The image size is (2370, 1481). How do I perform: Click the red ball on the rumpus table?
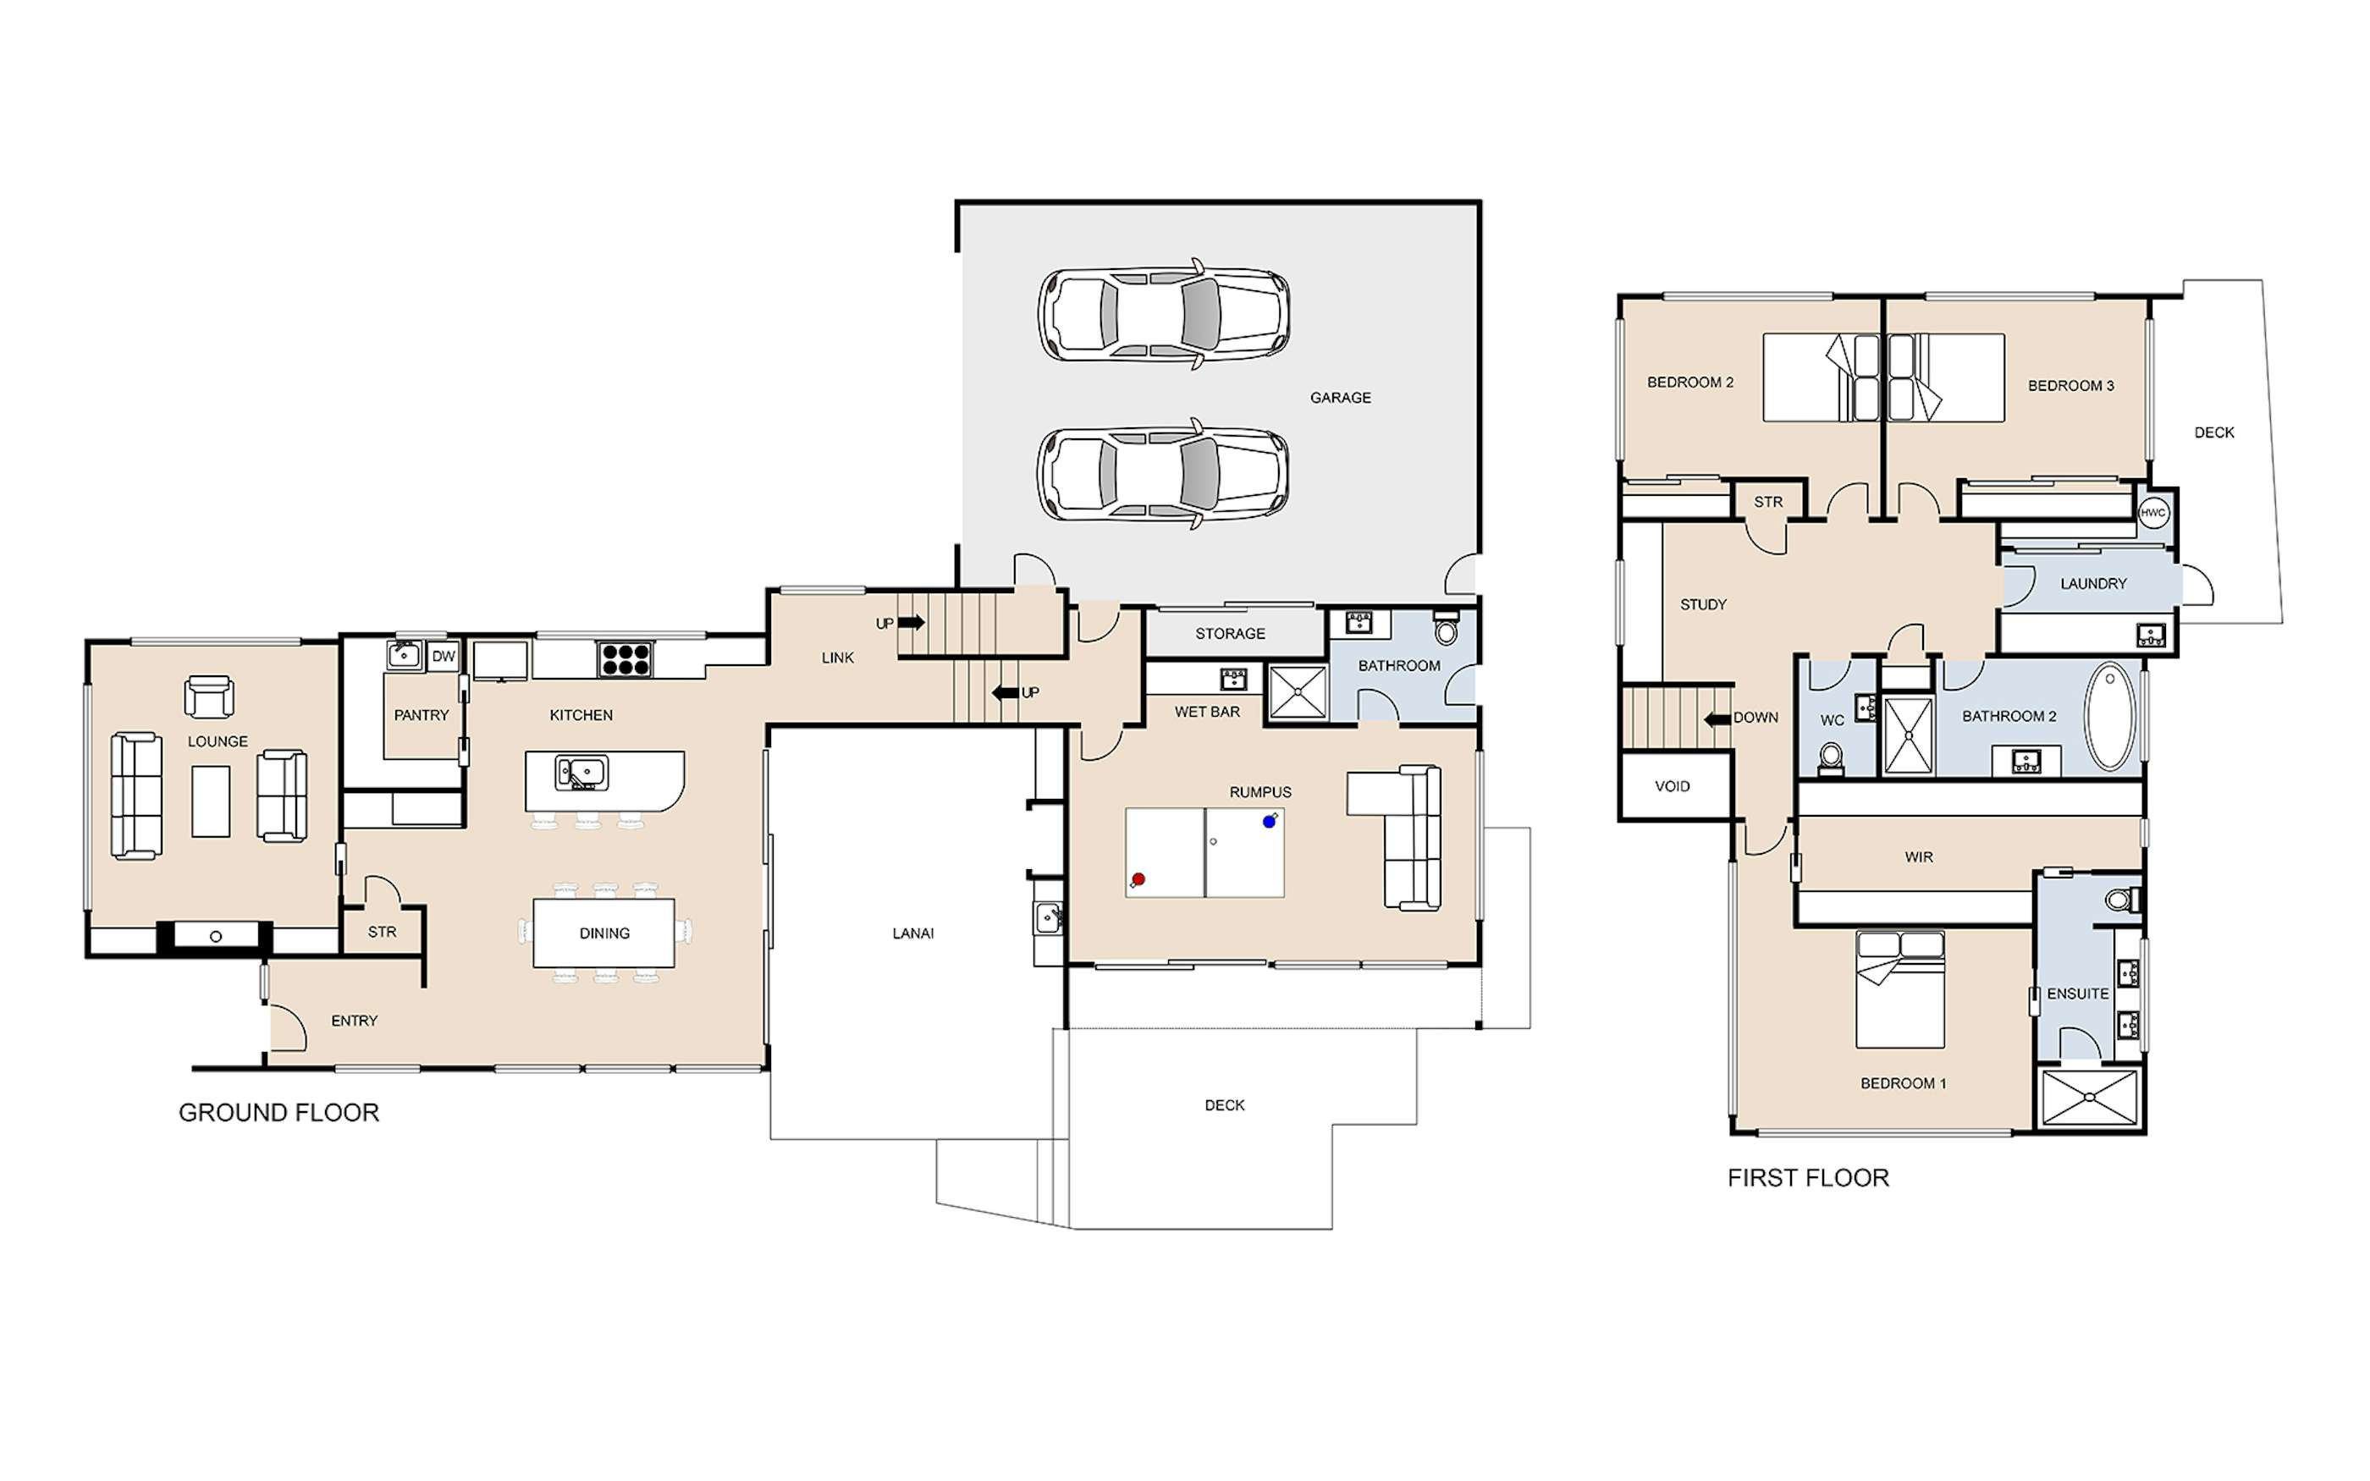click(x=1138, y=879)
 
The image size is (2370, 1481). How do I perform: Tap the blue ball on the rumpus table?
click(x=1270, y=822)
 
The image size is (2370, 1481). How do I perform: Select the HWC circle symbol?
click(x=2152, y=512)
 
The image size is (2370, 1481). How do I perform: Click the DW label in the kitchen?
click(x=444, y=656)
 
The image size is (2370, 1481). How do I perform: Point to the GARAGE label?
click(x=1341, y=398)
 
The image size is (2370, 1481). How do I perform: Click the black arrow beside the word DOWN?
click(x=1717, y=719)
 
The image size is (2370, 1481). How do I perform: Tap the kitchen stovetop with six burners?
click(x=626, y=658)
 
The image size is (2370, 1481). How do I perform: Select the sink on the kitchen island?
click(x=581, y=773)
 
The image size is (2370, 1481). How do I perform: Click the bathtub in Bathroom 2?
click(x=2109, y=717)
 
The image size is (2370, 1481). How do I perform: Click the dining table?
click(x=604, y=933)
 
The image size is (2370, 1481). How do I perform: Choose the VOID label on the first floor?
click(x=1672, y=786)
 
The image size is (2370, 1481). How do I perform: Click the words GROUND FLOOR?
click(x=278, y=1113)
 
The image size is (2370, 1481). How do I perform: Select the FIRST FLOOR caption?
click(x=1808, y=1178)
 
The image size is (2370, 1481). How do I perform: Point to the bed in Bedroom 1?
click(x=1900, y=989)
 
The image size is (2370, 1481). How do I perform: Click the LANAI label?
click(x=912, y=933)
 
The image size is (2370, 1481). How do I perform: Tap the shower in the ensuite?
click(x=2089, y=1097)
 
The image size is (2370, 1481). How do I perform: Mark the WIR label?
click(x=1919, y=857)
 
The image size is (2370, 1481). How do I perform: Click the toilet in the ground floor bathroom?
click(x=1446, y=628)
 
